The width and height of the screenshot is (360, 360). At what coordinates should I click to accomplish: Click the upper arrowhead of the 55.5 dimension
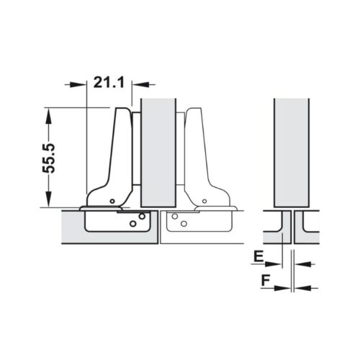[x=48, y=112]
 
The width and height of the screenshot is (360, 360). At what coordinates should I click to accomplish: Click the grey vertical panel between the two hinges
[x=159, y=151]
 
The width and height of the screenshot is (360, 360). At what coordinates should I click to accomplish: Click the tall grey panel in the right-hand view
[x=292, y=151]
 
